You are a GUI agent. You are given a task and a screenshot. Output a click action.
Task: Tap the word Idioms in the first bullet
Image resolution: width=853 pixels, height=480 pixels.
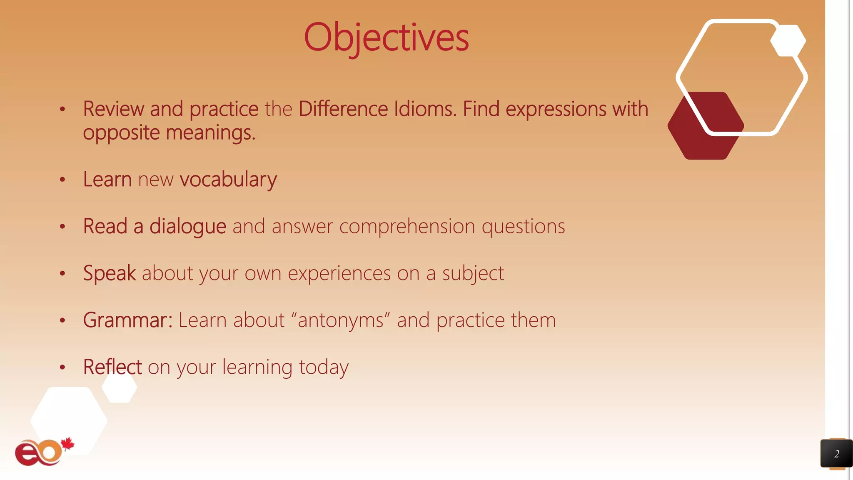(x=425, y=109)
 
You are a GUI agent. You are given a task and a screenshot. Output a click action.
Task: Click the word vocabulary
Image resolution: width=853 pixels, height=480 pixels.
(x=228, y=180)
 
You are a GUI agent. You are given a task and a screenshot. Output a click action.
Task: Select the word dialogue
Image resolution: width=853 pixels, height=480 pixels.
(x=188, y=227)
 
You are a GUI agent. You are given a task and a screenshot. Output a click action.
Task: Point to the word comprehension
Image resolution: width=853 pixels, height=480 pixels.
(x=407, y=227)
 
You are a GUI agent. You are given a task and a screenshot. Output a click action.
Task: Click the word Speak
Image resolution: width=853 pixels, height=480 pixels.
(x=109, y=274)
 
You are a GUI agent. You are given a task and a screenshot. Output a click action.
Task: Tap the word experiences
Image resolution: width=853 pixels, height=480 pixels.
(x=339, y=274)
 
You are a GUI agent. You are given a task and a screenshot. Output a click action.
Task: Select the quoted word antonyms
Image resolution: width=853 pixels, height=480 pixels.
(x=341, y=320)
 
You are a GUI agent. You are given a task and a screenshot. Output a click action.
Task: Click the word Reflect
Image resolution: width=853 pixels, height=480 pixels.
(x=112, y=367)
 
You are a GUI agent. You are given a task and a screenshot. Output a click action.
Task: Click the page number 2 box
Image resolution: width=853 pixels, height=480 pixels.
(x=836, y=454)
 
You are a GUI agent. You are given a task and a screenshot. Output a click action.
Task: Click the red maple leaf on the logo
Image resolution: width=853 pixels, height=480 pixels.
(x=67, y=444)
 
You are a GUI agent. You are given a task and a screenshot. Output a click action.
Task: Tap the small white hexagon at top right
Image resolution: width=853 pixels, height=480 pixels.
(x=788, y=41)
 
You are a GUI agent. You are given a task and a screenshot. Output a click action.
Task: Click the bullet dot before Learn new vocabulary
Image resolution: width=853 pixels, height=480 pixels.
(x=62, y=180)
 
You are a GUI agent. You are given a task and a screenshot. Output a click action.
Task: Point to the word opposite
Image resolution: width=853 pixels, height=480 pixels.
(x=121, y=133)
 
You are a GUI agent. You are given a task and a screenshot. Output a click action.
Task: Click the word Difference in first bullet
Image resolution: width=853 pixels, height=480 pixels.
(x=343, y=109)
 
